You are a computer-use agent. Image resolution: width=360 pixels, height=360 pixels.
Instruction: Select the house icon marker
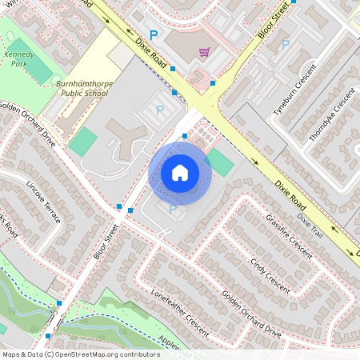click(180, 172)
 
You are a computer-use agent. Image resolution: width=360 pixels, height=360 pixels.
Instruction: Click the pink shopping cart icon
click(204, 52)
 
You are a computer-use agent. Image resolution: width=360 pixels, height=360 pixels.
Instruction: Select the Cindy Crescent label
click(269, 273)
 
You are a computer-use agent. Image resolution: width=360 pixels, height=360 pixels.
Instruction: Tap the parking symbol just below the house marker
click(173, 208)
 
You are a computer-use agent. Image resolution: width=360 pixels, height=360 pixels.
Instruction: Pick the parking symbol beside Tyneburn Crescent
click(285, 44)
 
